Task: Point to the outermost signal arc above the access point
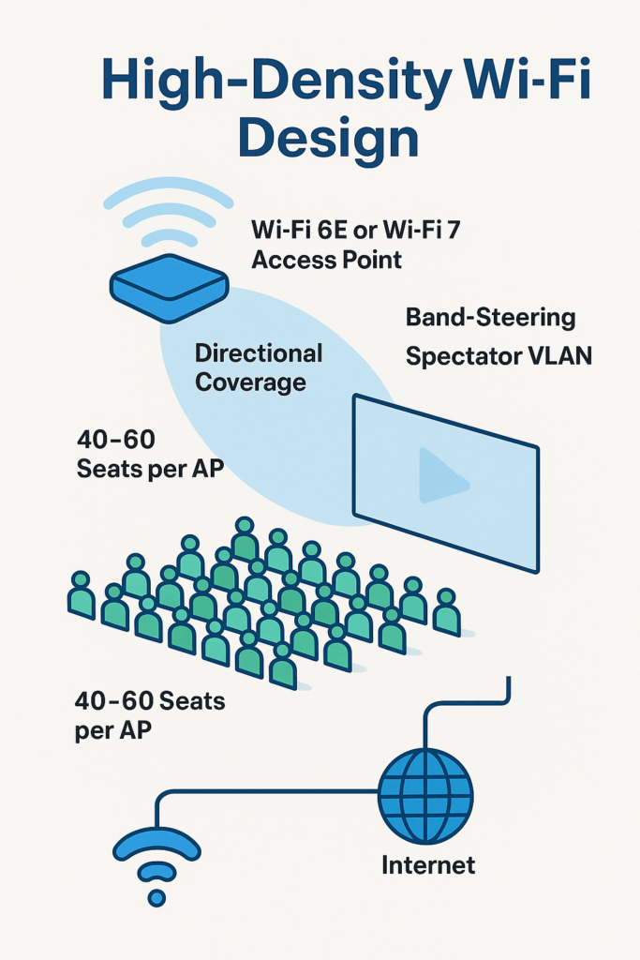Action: pyautogui.click(x=168, y=191)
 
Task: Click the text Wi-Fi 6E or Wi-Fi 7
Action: pyautogui.click(x=357, y=231)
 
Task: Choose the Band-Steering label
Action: pyautogui.click(x=489, y=317)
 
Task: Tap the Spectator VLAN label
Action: pyautogui.click(x=499, y=356)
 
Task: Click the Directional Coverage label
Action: pyautogui.click(x=258, y=367)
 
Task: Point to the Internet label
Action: pyautogui.click(x=428, y=864)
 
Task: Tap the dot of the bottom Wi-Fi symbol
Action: pyautogui.click(x=156, y=898)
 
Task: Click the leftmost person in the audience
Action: pyautogui.click(x=81, y=595)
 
